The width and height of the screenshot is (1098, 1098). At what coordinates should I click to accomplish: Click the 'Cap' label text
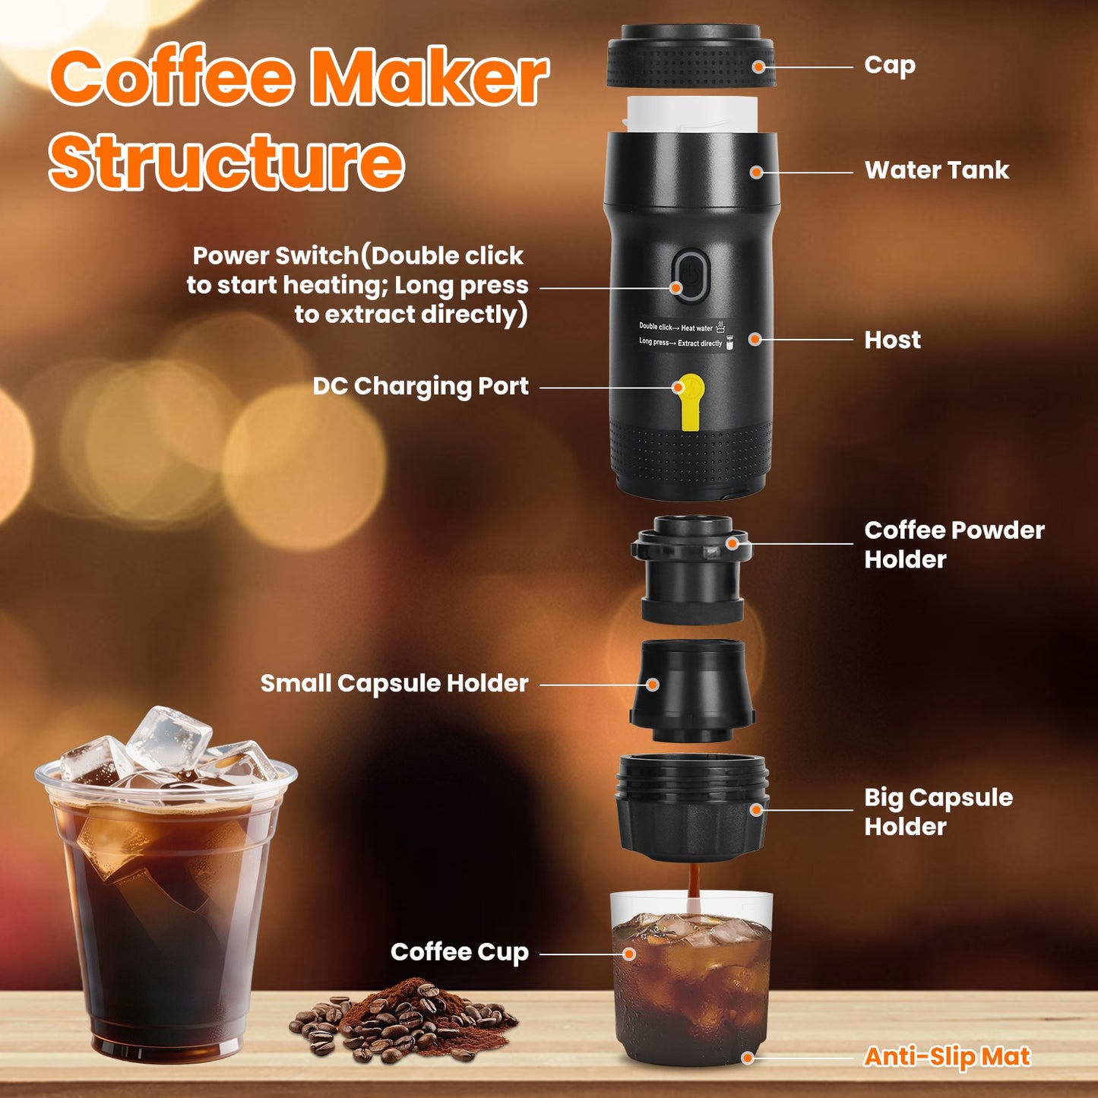coord(889,66)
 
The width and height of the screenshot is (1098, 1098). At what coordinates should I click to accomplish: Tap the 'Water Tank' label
coord(936,170)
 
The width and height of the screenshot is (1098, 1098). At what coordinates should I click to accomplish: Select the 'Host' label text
coord(892,340)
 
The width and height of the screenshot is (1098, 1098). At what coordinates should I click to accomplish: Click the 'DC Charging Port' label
coord(420,387)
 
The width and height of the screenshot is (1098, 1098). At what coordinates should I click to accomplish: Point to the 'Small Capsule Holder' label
coord(394,683)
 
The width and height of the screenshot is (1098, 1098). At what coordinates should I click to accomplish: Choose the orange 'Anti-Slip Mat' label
coord(947,1057)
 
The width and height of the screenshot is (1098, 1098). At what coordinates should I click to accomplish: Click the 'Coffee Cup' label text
coord(459,952)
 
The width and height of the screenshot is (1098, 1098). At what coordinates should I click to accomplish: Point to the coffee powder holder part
coord(691,570)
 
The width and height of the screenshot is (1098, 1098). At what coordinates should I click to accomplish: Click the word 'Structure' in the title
coord(226,162)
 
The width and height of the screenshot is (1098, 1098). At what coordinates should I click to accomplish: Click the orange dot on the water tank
coord(756,172)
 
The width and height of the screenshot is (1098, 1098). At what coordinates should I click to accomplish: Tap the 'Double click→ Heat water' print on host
coord(676,328)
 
